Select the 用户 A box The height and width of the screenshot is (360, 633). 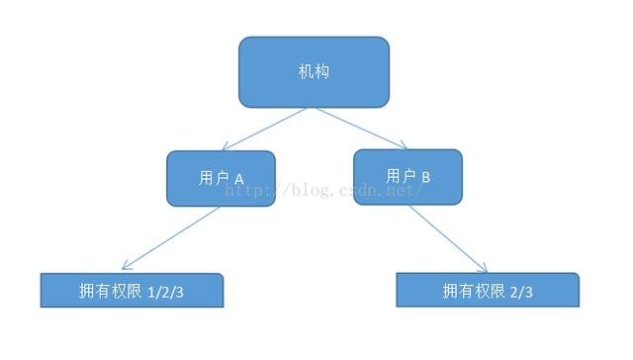point(220,178)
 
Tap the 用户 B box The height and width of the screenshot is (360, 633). point(407,176)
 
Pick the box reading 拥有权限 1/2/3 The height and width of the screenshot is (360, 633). point(132,291)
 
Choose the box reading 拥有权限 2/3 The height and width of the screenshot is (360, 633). point(487,291)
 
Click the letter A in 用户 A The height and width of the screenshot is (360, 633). point(237,178)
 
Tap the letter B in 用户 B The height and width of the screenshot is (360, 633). point(425,176)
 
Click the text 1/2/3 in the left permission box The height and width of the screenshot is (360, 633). point(165,292)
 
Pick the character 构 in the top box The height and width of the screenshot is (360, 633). point(322,72)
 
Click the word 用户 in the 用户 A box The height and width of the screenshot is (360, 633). point(212,178)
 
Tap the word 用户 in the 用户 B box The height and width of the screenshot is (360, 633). point(400,176)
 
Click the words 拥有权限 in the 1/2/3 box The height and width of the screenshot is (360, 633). point(110,292)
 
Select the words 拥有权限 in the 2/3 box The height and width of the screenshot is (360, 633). point(474,291)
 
